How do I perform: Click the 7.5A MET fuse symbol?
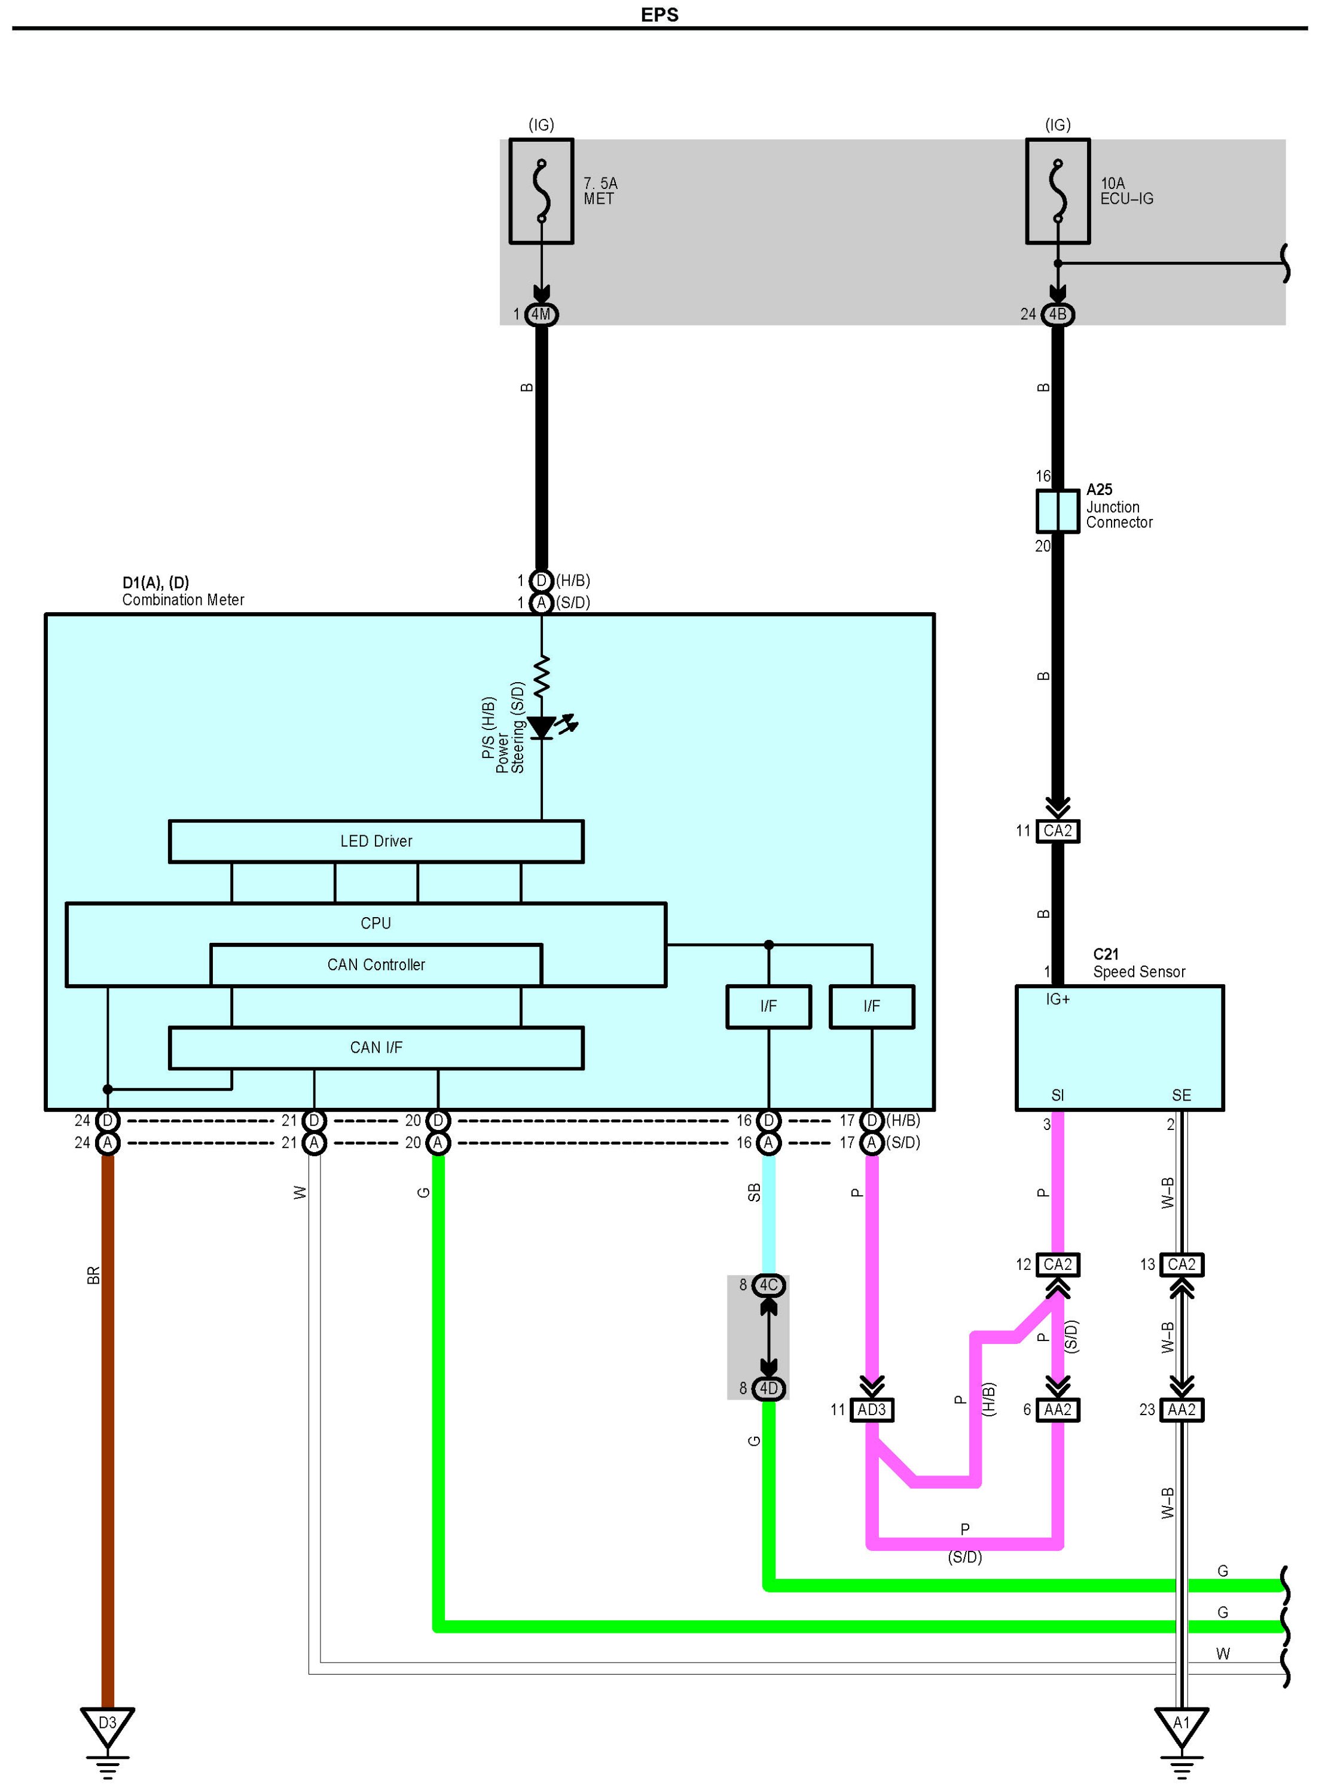coord(541,191)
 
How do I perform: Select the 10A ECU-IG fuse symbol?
coord(1057,191)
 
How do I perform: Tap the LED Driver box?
coord(375,841)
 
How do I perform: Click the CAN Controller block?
coord(375,965)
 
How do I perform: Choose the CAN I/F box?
coord(375,1047)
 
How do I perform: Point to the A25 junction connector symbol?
coord(1057,511)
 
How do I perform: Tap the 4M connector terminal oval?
coord(541,314)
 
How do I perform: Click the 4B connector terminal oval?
coord(1057,314)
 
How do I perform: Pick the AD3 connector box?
coord(871,1410)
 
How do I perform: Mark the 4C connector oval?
coord(768,1285)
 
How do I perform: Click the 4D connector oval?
coord(768,1388)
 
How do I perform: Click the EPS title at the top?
coord(660,15)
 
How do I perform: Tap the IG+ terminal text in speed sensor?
coord(1057,999)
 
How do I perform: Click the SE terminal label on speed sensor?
coord(1181,1095)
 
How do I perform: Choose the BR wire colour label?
coord(93,1275)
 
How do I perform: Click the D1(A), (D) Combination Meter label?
coord(183,591)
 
